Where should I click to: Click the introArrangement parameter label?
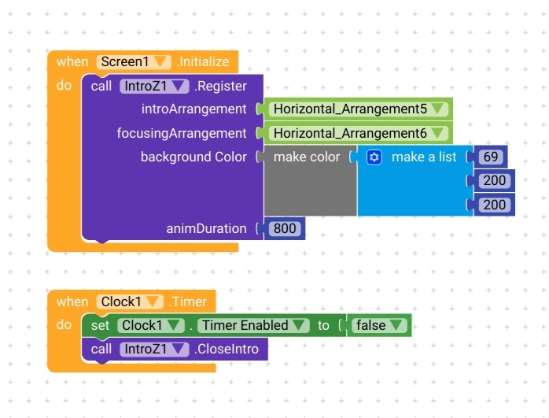coord(193,109)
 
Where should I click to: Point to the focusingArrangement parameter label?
coord(182,134)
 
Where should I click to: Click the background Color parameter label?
coord(193,157)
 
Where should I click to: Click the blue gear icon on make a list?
coord(374,157)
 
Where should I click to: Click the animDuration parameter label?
coord(206,229)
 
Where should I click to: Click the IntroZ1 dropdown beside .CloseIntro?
coord(154,349)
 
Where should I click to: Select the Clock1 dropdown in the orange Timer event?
coord(131,301)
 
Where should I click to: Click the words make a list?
coord(424,157)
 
